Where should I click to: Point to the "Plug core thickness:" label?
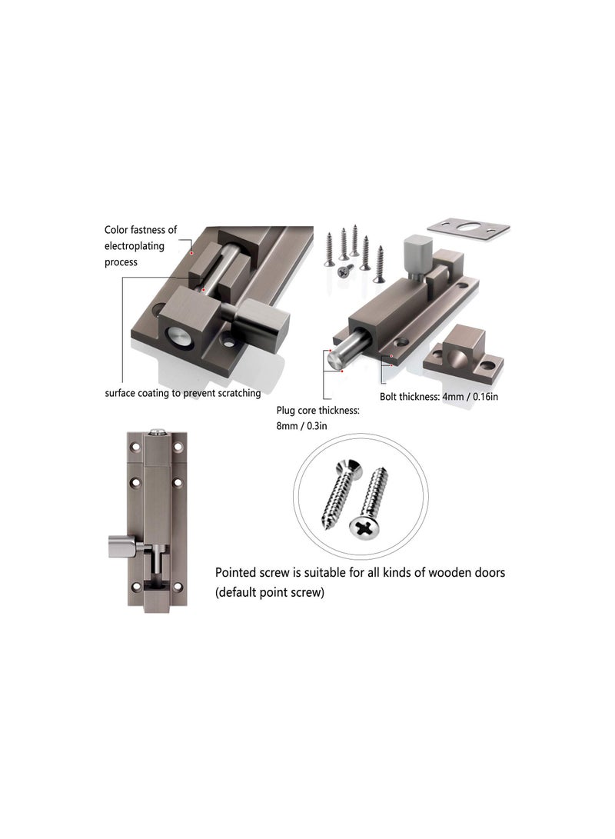[317, 411]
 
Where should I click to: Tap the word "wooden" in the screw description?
[440, 573]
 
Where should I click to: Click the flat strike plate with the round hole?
[467, 229]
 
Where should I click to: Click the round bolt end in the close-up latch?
[178, 338]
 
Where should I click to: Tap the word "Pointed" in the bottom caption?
[238, 573]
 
